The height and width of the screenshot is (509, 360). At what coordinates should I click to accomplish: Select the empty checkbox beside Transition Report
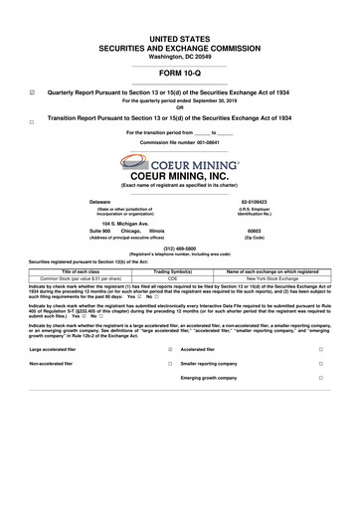33,121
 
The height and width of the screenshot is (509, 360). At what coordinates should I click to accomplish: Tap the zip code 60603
255,231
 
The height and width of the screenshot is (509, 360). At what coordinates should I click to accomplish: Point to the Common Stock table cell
76,278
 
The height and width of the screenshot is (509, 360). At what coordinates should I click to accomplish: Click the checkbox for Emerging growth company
321,379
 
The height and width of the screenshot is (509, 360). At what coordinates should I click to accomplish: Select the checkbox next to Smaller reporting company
321,364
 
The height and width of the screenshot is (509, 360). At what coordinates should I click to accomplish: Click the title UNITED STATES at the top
179,37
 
